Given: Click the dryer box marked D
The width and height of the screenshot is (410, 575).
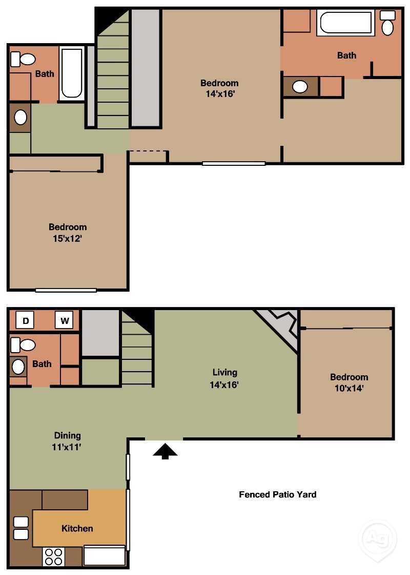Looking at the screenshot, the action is pos(26,321).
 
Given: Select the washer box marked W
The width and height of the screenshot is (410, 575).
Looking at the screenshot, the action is pos(65,320).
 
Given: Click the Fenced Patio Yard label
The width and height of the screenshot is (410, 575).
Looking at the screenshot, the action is pos(277,494).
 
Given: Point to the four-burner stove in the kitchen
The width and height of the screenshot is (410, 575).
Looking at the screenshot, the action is pos(53,557).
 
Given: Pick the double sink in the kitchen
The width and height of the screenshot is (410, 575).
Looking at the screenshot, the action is pos(21,528).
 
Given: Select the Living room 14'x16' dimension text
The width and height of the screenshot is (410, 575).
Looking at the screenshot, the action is pos(224,385).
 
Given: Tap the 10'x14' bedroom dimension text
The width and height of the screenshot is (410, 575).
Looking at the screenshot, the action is pos(349,388).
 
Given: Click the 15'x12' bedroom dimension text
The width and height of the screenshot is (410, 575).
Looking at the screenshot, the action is pos(67,238).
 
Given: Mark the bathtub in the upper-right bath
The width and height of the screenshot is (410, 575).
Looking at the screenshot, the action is pos(346,23).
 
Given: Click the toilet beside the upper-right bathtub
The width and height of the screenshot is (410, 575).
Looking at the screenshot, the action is pos(387,23).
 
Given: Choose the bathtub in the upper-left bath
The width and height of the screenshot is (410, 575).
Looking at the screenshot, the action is pos(72,73).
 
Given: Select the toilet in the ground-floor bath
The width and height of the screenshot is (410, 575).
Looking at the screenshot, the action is pos(23,345).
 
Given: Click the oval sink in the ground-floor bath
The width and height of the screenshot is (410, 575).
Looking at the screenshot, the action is pos(18,367).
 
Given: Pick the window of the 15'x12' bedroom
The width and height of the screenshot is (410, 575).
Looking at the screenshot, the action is pos(66,290).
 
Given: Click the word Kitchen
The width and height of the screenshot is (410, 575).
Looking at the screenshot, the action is pos(77,528).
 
